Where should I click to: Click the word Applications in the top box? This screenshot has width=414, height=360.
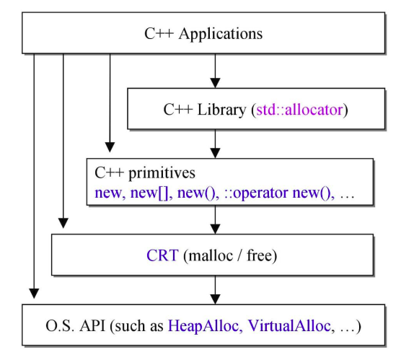[x=221, y=35]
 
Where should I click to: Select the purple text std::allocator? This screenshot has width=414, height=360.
[x=299, y=110]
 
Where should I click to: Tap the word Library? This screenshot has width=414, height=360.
[x=221, y=110]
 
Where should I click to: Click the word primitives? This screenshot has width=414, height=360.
[x=162, y=174]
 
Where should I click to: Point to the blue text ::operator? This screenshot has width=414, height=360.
[x=256, y=193]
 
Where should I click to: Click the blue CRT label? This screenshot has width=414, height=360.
[x=162, y=255]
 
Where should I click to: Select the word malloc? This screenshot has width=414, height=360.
[x=211, y=255]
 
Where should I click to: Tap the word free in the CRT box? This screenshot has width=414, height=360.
[x=259, y=255]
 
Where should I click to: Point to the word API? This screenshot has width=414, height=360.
[x=92, y=326]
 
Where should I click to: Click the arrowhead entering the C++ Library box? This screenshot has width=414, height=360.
[x=215, y=83]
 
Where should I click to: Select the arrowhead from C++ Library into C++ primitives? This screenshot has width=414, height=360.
[x=215, y=153]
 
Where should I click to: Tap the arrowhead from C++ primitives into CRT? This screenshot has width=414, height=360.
[x=215, y=229]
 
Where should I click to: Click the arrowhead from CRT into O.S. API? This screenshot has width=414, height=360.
[x=215, y=299]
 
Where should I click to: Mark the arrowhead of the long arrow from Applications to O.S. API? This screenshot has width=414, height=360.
[x=34, y=294]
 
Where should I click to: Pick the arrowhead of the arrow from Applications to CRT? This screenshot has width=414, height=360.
[x=63, y=223]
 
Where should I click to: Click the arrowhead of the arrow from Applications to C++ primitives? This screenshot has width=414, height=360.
[x=110, y=147]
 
